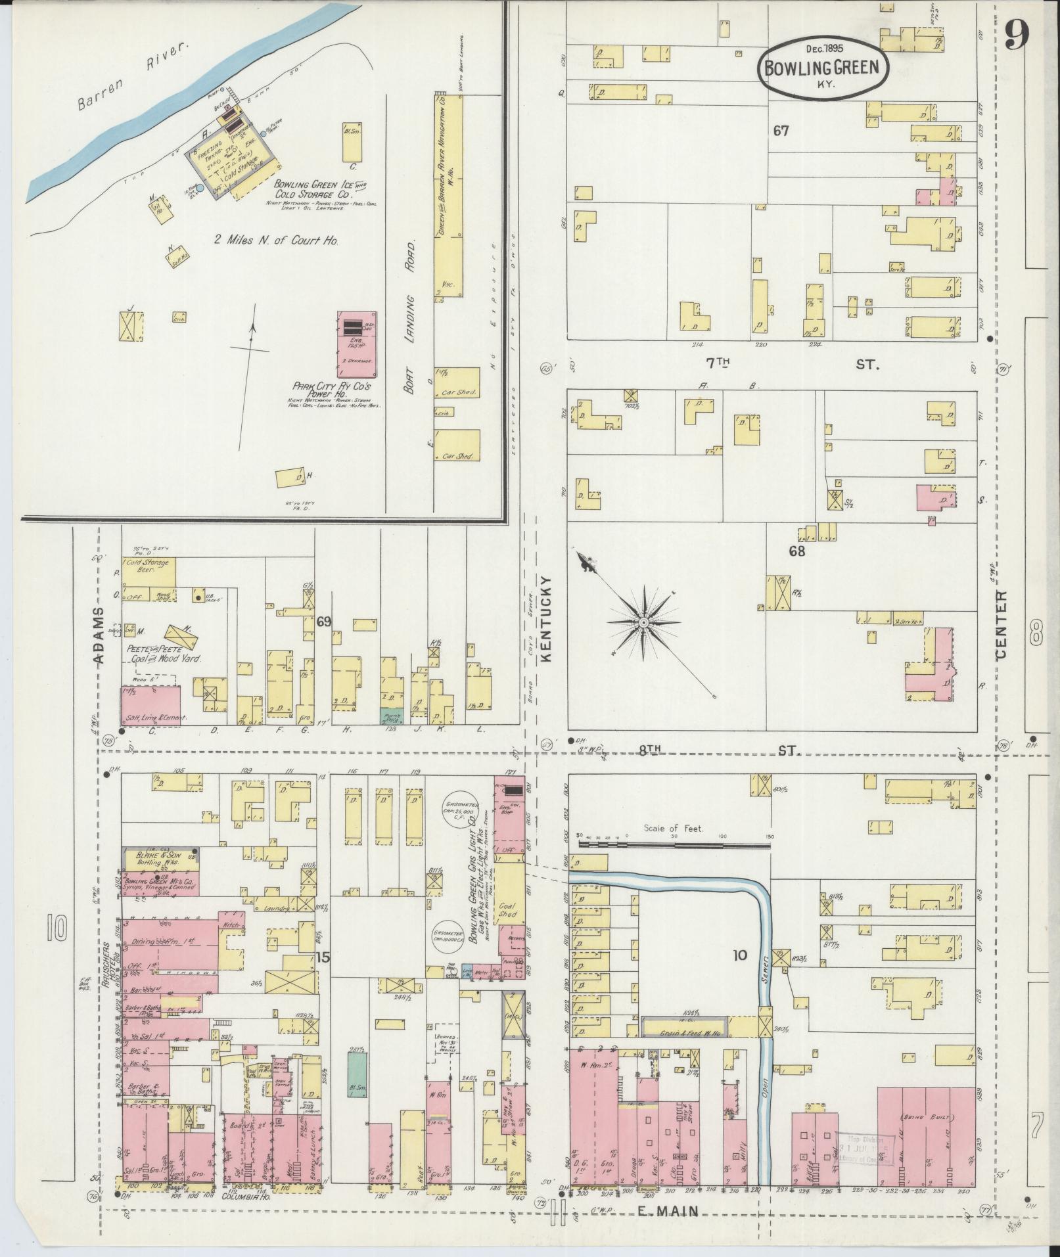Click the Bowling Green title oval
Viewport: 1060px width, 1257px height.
pos(824,66)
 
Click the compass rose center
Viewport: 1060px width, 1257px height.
pos(644,622)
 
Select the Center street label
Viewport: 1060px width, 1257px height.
pos(1002,624)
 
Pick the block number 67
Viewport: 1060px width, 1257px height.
pos(781,131)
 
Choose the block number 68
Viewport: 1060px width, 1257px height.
pos(796,551)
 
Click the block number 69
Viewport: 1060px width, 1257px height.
pos(323,620)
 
